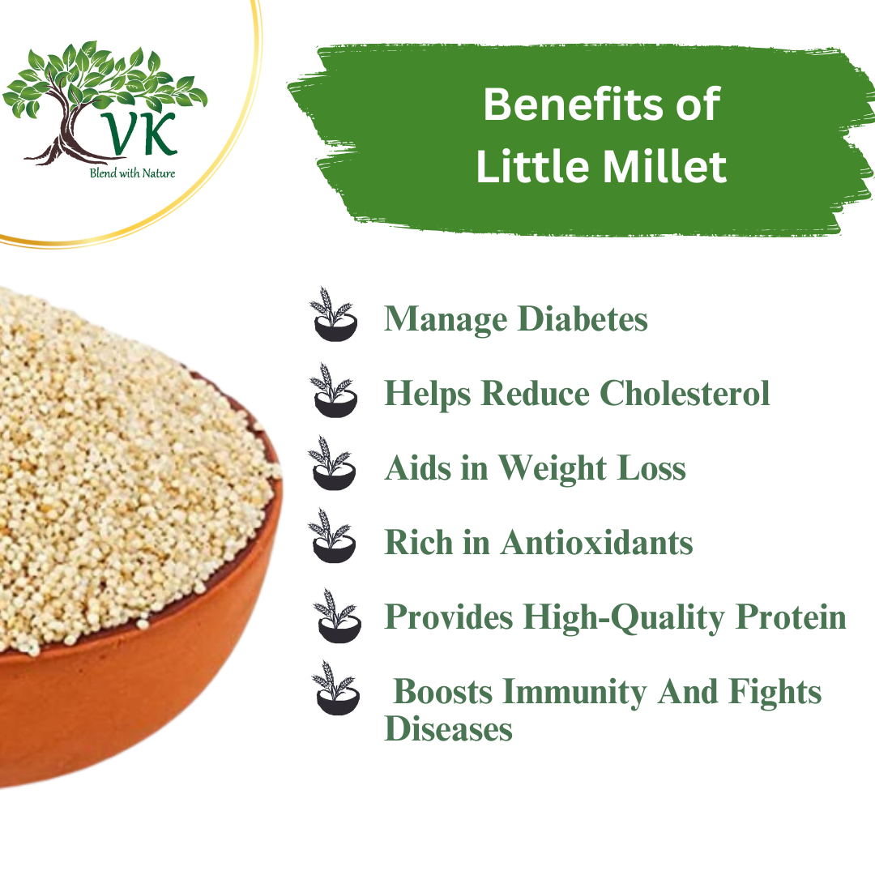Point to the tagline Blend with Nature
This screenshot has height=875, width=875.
133,173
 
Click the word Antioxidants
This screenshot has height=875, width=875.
596,543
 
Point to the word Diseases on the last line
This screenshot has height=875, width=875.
448,729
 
